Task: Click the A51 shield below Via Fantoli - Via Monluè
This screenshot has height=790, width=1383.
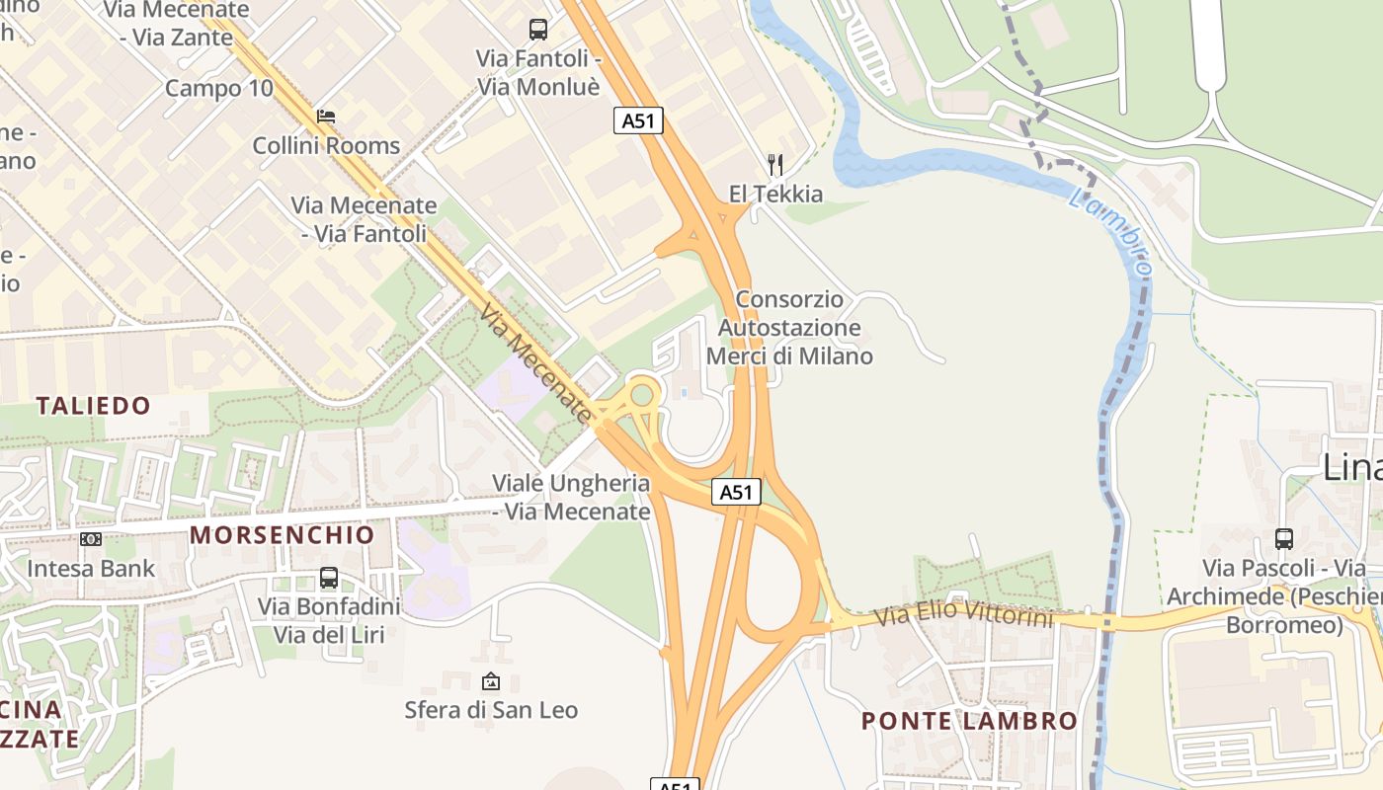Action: [638, 120]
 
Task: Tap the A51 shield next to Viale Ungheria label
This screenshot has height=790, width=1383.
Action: [737, 492]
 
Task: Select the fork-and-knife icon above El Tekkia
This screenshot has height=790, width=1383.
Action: [775, 164]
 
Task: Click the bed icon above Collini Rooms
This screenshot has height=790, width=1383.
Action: [326, 117]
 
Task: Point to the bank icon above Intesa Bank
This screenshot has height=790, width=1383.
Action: [91, 539]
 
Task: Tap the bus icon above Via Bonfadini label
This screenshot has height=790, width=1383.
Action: [329, 578]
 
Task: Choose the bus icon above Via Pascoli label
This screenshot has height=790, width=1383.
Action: [1283, 539]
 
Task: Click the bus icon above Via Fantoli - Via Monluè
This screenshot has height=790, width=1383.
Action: [538, 30]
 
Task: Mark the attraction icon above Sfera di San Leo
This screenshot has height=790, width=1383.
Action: [490, 681]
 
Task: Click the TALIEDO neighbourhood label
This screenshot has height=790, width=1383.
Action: [94, 406]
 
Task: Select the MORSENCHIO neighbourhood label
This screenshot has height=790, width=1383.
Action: [283, 535]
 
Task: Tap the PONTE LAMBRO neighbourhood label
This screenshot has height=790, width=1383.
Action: [969, 721]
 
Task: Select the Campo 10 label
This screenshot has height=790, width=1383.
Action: [218, 88]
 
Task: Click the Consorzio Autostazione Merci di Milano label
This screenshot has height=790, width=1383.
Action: [789, 328]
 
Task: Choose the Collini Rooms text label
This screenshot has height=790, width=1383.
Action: [326, 146]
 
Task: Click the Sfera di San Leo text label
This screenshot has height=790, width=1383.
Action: [491, 710]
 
